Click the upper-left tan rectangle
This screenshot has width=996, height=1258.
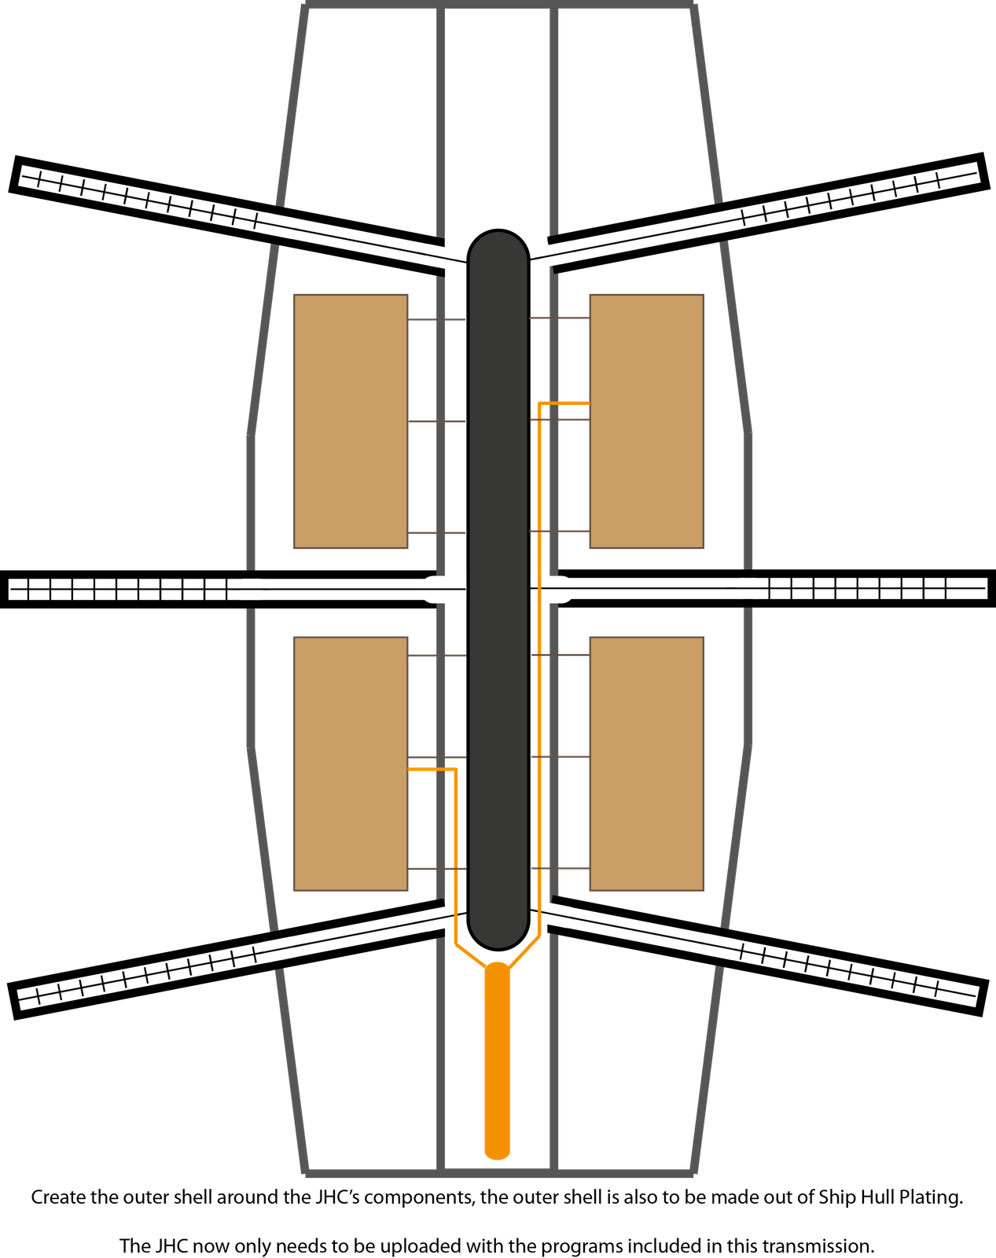pyautogui.click(x=351, y=421)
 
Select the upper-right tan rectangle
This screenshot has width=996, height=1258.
pyautogui.click(x=646, y=421)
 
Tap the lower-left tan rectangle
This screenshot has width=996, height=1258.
pyautogui.click(x=351, y=763)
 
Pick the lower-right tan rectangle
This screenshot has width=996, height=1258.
pyautogui.click(x=646, y=763)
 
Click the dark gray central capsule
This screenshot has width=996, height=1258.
pyautogui.click(x=498, y=590)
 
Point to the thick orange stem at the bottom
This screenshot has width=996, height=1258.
pyautogui.click(x=497, y=1061)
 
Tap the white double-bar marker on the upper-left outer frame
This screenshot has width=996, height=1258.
pyautogui.click(x=277, y=224)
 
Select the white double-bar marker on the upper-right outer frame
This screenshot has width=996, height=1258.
pyautogui.click(x=721, y=221)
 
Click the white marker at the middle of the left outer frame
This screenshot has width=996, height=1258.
pyautogui.click(x=251, y=589)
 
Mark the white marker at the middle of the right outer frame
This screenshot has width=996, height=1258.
pyautogui.click(x=748, y=588)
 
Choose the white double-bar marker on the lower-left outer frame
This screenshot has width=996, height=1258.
pyautogui.click(x=278, y=949)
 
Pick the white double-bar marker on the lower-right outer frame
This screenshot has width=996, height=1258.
pyautogui.click(x=719, y=945)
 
